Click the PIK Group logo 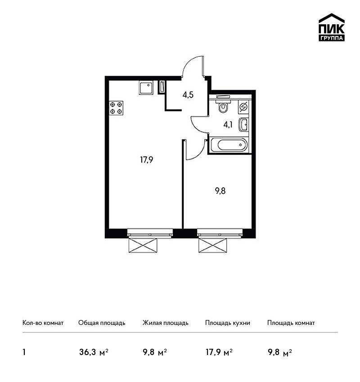(x=332, y=27)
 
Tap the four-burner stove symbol (x=116, y=108)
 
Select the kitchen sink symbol (x=146, y=88)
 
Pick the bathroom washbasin (x=243, y=124)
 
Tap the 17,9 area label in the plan (x=147, y=160)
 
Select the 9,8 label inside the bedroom (x=220, y=191)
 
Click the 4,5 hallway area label (x=188, y=95)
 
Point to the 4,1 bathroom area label (x=228, y=125)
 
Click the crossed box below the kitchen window (x=143, y=245)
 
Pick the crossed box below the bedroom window (x=213, y=245)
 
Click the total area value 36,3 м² (x=94, y=352)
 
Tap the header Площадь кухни (x=228, y=323)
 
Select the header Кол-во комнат (x=43, y=323)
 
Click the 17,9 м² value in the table (x=219, y=352)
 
